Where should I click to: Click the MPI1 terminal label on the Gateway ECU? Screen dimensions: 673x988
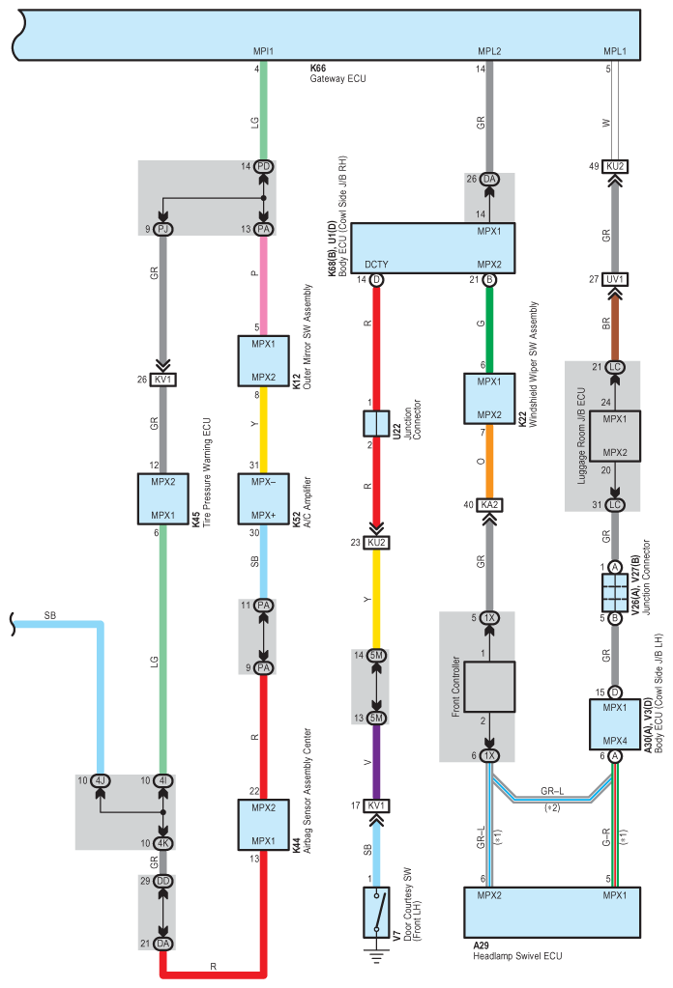pyautogui.click(x=263, y=51)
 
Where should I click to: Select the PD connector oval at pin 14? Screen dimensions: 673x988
pyautogui.click(x=264, y=166)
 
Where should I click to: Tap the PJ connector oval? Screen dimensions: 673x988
pyautogui.click(x=162, y=229)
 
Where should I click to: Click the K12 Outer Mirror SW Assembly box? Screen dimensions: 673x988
pyautogui.click(x=263, y=360)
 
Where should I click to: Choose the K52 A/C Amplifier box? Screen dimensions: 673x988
pyautogui.click(x=263, y=498)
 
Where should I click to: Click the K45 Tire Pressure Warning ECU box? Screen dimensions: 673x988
pyautogui.click(x=162, y=498)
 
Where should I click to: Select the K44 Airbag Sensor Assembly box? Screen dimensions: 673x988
pyautogui.click(x=263, y=824)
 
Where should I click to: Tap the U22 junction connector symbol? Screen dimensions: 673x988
pyautogui.click(x=376, y=423)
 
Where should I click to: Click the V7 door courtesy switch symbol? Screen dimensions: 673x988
pyautogui.click(x=376, y=912)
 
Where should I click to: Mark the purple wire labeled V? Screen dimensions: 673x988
pyautogui.click(x=376, y=762)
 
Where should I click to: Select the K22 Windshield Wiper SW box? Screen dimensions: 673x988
pyautogui.click(x=489, y=398)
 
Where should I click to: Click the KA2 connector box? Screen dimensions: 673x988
pyautogui.click(x=489, y=505)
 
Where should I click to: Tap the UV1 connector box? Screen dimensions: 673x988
pyautogui.click(x=615, y=279)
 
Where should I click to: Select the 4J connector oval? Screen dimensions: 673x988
pyautogui.click(x=100, y=780)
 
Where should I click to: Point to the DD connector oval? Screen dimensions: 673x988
pyautogui.click(x=162, y=881)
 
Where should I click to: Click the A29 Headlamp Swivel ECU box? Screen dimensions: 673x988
pyautogui.click(x=552, y=912)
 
